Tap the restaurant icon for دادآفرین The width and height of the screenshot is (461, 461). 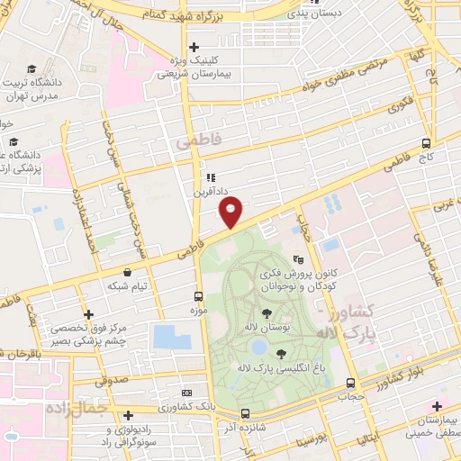(x=212, y=177)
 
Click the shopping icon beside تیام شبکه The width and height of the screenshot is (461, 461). (x=127, y=271)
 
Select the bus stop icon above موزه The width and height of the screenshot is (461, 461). (x=199, y=295)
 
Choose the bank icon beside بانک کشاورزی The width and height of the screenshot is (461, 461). (x=186, y=393)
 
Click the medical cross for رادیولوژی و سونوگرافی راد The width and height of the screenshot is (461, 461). (x=130, y=415)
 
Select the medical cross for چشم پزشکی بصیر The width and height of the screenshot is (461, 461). (x=87, y=314)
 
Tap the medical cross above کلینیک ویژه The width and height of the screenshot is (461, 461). (x=194, y=47)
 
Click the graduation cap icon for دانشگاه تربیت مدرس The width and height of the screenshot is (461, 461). (x=32, y=68)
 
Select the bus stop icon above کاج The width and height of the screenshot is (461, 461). (x=426, y=142)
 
